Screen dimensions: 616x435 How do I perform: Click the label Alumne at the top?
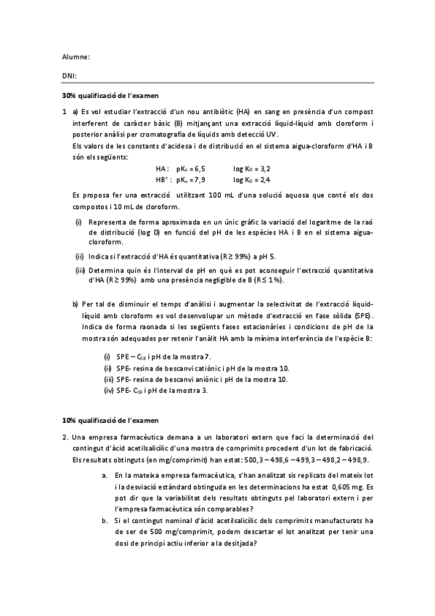point(76,56)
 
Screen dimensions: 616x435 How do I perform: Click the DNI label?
point(70,75)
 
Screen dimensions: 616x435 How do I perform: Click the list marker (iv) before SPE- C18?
point(108,391)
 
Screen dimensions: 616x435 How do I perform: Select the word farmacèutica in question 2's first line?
point(128,437)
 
